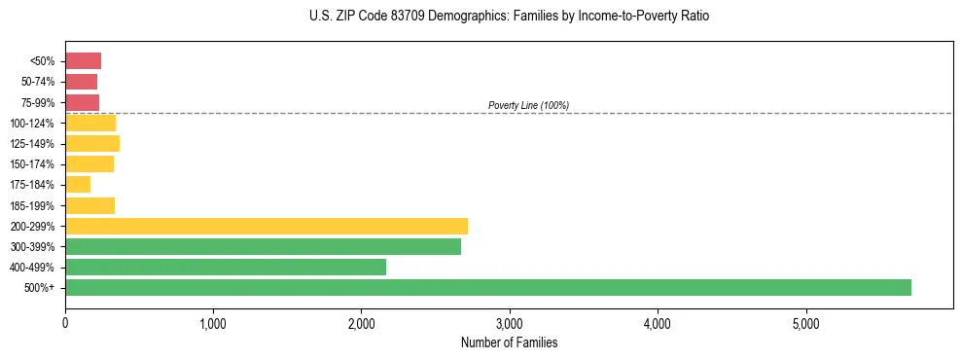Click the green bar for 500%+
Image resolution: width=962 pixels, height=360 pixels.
pyautogui.click(x=487, y=287)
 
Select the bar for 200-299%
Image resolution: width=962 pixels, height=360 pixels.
pyautogui.click(x=267, y=226)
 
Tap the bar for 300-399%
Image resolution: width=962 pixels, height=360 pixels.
pyautogui.click(x=263, y=246)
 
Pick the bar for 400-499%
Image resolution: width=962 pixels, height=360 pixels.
pyautogui.click(x=226, y=267)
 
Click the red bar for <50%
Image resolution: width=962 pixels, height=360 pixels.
pyautogui.click(x=83, y=60)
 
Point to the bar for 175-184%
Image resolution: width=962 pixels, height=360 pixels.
pyautogui.click(x=78, y=184)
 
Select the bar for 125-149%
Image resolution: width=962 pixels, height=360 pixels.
pyautogui.click(x=92, y=143)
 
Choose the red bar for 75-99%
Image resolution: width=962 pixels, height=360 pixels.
pyautogui.click(x=82, y=102)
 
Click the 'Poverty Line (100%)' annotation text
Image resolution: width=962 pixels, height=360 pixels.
pyautogui.click(x=528, y=105)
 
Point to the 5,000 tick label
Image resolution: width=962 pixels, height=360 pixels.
pyautogui.click(x=805, y=323)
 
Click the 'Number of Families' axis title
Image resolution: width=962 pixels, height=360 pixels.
pyautogui.click(x=509, y=342)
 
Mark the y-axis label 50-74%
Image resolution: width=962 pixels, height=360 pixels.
pyautogui.click(x=39, y=82)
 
